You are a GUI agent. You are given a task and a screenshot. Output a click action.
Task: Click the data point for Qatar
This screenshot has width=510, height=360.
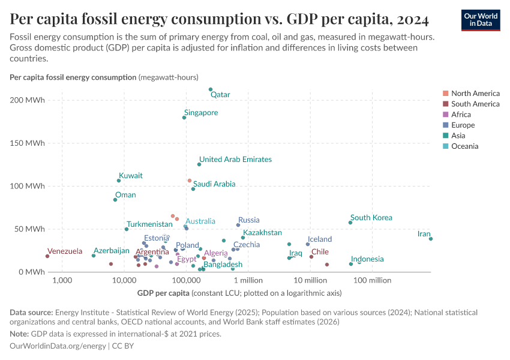point(211,89)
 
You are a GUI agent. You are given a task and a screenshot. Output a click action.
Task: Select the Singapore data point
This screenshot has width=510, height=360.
point(184,118)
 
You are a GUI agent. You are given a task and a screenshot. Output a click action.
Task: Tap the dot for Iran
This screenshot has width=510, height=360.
point(431,239)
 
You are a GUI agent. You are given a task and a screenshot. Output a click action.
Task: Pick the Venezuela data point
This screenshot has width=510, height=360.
point(47,256)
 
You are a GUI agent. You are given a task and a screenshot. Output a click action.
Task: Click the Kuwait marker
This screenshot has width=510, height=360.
point(119,181)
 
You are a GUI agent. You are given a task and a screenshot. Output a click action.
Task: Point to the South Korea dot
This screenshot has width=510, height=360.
point(350,223)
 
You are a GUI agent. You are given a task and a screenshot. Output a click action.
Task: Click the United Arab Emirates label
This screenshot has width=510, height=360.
point(235,160)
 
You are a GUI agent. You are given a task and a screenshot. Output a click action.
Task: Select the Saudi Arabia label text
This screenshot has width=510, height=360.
point(214,184)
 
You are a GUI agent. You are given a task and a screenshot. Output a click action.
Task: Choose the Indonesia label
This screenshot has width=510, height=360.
point(367,259)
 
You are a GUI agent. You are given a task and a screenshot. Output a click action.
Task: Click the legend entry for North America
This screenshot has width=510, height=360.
point(475,94)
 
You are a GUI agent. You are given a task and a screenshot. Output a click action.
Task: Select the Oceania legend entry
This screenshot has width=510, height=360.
point(464,146)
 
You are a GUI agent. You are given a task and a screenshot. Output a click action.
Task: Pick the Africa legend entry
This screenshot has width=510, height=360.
point(461,115)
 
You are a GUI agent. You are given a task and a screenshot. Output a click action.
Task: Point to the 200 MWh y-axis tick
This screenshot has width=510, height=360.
point(28,100)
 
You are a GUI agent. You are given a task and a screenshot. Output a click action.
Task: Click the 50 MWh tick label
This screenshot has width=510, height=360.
point(30,229)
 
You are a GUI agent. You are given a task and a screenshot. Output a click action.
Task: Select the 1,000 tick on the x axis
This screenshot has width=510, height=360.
point(62,280)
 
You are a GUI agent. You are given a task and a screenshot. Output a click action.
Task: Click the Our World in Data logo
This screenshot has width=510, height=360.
point(480,20)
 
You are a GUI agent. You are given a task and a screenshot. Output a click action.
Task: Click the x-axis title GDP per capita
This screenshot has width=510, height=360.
point(163,293)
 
